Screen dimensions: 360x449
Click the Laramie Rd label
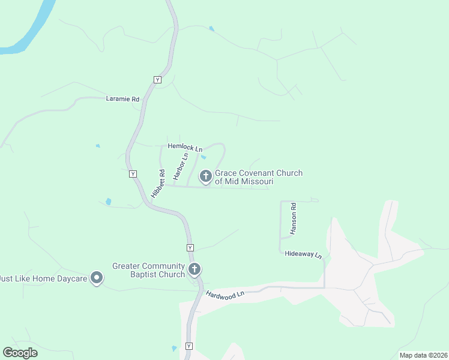[122, 99]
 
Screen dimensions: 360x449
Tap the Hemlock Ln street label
[185, 146]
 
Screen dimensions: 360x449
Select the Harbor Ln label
[181, 166]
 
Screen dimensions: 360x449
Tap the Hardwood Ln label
[226, 294]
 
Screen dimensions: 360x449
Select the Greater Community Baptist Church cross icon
[194, 269]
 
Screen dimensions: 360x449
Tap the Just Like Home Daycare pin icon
[97, 278]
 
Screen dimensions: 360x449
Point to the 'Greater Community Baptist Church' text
[148, 270]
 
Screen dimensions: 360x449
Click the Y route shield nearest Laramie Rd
[158, 80]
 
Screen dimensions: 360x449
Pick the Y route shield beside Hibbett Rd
[133, 173]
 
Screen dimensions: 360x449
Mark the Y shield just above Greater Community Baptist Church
[190, 248]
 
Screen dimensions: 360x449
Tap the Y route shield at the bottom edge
[189, 346]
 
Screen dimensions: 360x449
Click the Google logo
[20, 353]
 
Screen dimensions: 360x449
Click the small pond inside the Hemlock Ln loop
[204, 157]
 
